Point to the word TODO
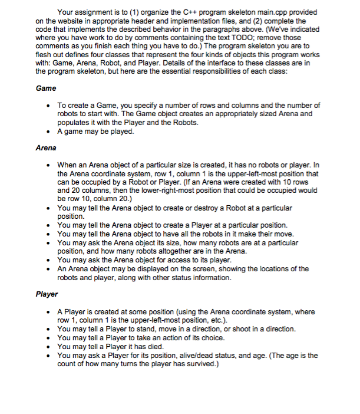(245, 37)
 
